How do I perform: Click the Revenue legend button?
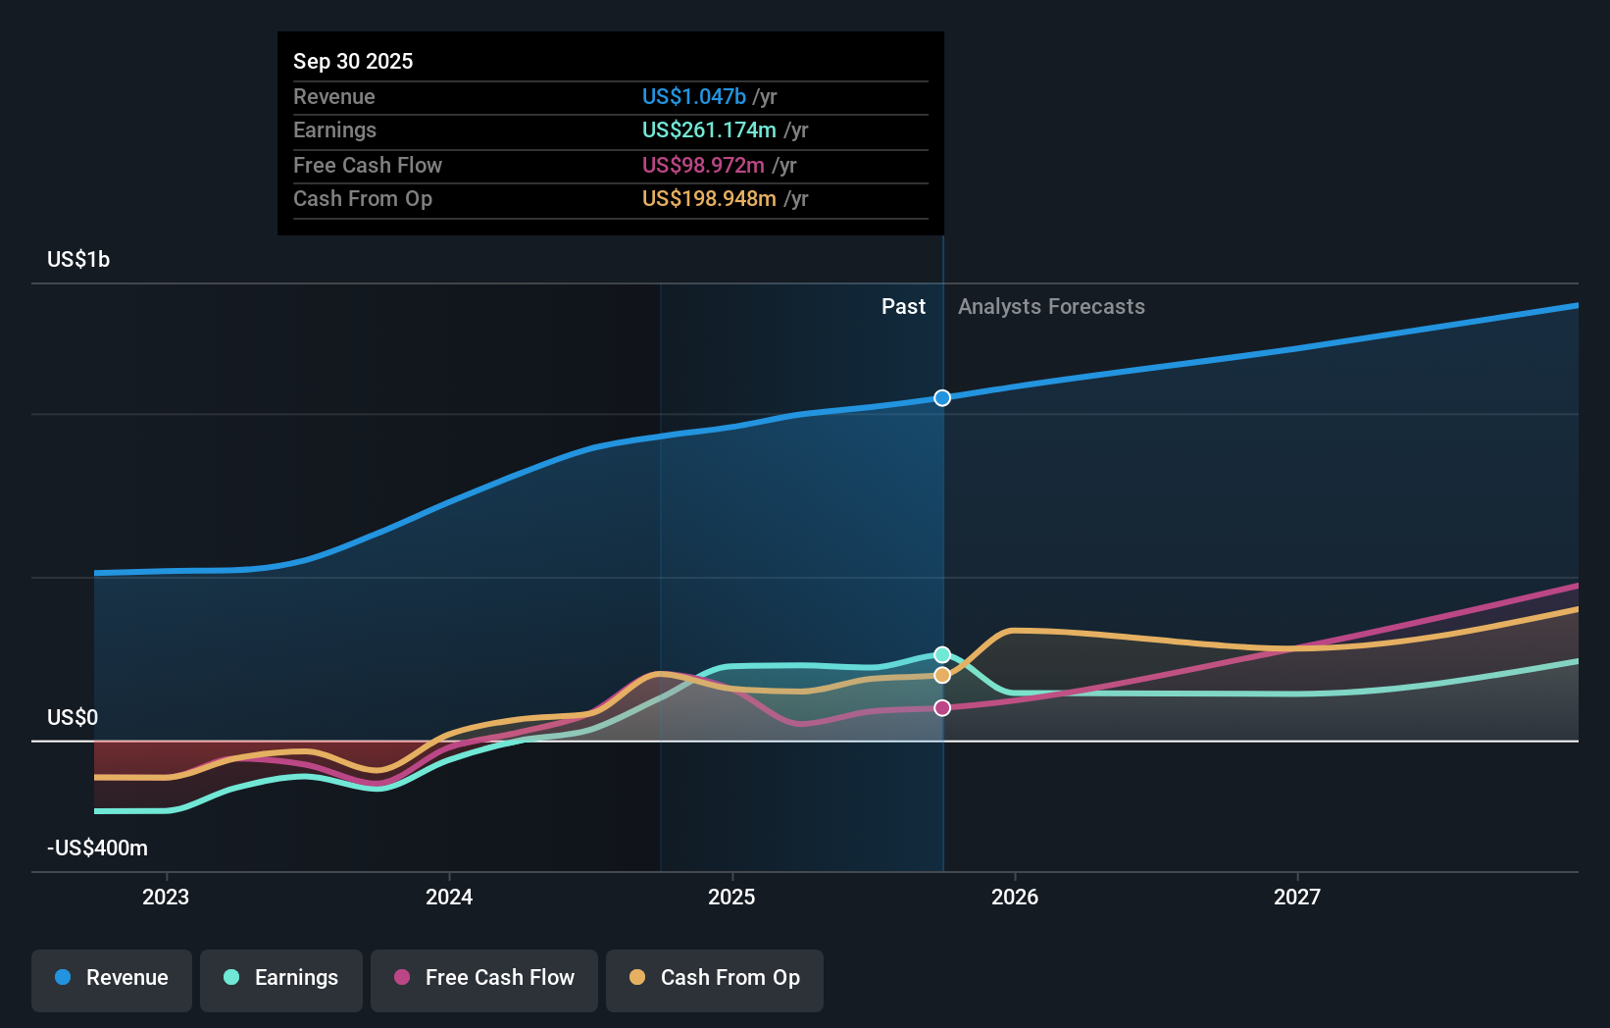112,978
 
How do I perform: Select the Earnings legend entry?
281,978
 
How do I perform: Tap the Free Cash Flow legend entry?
484,978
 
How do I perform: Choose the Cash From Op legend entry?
715,978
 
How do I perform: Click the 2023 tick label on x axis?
166,897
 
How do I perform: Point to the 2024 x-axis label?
449,897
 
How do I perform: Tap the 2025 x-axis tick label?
731,897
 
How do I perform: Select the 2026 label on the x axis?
1015,897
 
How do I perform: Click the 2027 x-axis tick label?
1297,897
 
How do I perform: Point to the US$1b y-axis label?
78,259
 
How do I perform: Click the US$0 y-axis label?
73,717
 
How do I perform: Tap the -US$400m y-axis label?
97,848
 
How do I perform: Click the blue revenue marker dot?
942,397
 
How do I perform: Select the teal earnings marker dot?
942,654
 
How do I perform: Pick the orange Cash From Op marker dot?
942,675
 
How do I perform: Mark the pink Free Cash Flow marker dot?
942,707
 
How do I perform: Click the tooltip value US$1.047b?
694,96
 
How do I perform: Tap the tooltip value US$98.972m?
703,165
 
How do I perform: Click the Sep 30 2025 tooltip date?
353,61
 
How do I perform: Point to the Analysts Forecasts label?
1051,306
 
